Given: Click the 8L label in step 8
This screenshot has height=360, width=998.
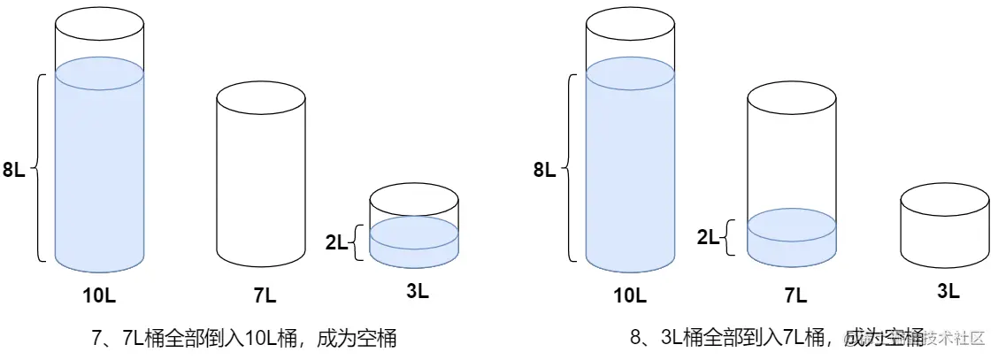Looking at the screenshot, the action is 545,170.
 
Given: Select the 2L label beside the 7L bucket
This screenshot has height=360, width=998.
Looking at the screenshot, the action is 709,236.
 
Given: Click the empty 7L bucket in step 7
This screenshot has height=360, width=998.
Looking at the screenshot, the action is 261,177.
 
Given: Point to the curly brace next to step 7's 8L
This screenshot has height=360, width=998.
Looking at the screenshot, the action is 40,168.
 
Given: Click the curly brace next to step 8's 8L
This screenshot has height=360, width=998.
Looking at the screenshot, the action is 570,168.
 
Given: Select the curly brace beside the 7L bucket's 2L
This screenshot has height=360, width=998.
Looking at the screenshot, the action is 730,236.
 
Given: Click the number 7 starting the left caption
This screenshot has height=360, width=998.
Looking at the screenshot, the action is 98,338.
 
